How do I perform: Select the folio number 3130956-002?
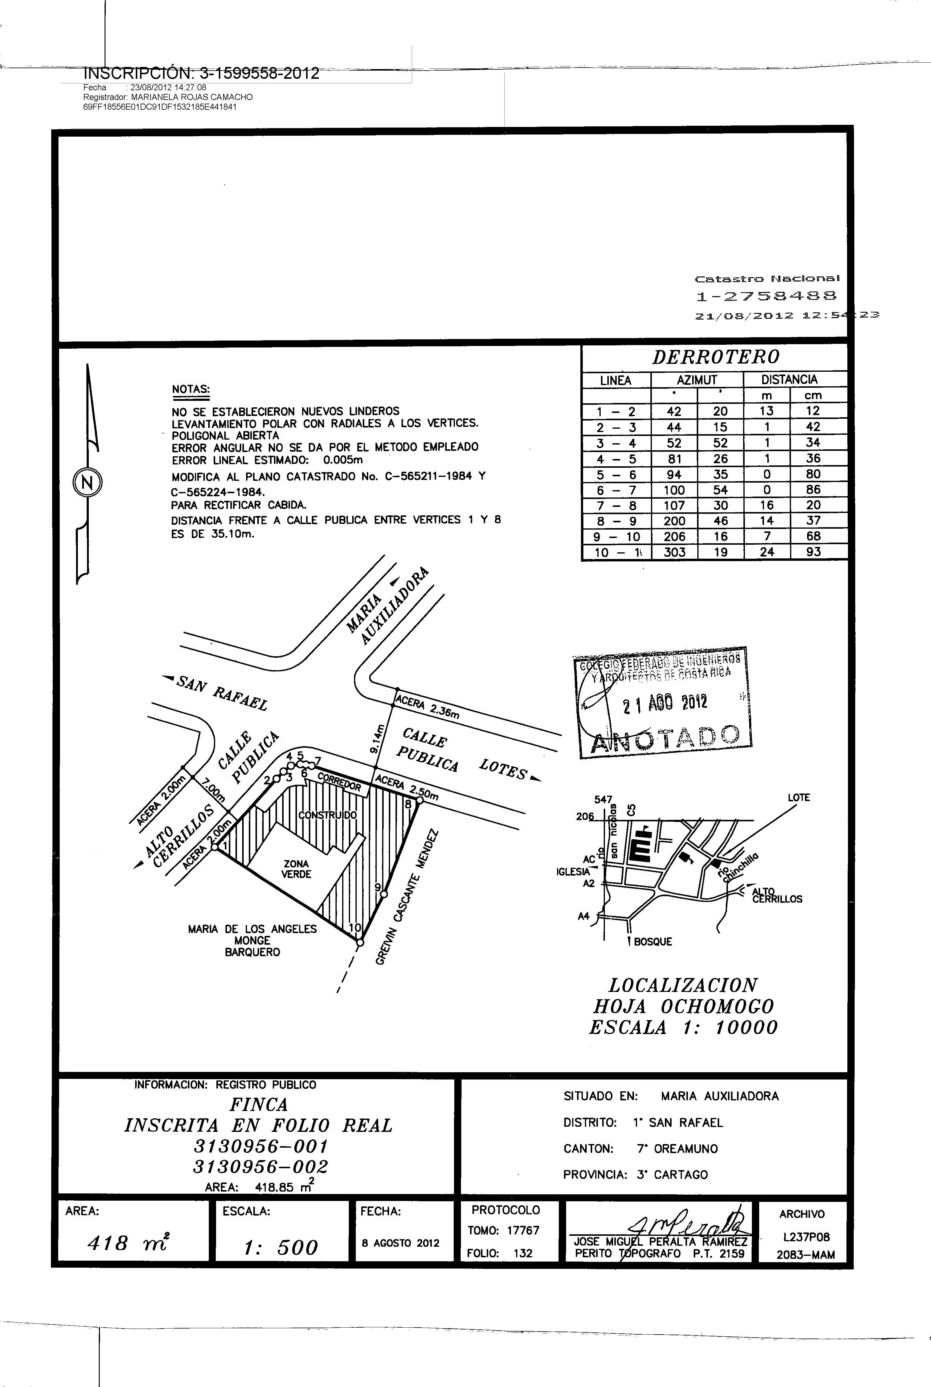(x=260, y=1167)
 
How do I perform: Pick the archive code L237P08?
(x=806, y=1237)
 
